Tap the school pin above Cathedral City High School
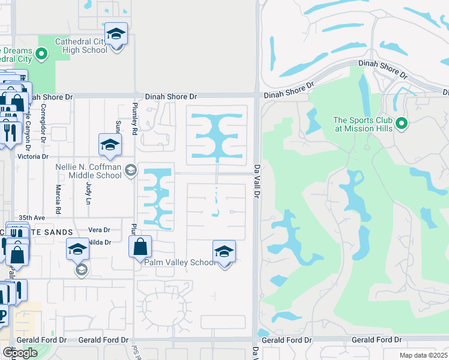(x=116, y=35)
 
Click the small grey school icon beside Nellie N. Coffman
(x=130, y=172)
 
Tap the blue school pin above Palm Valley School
(x=224, y=253)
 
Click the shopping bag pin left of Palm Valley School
(x=140, y=247)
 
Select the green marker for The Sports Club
(x=402, y=124)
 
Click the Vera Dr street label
(x=99, y=230)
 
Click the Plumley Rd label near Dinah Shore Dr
(x=135, y=119)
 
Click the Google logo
(x=20, y=353)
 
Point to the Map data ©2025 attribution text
(x=423, y=355)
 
